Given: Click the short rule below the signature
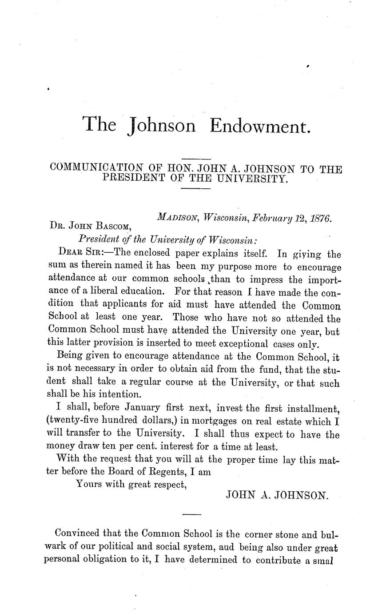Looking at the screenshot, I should click(191, 514).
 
